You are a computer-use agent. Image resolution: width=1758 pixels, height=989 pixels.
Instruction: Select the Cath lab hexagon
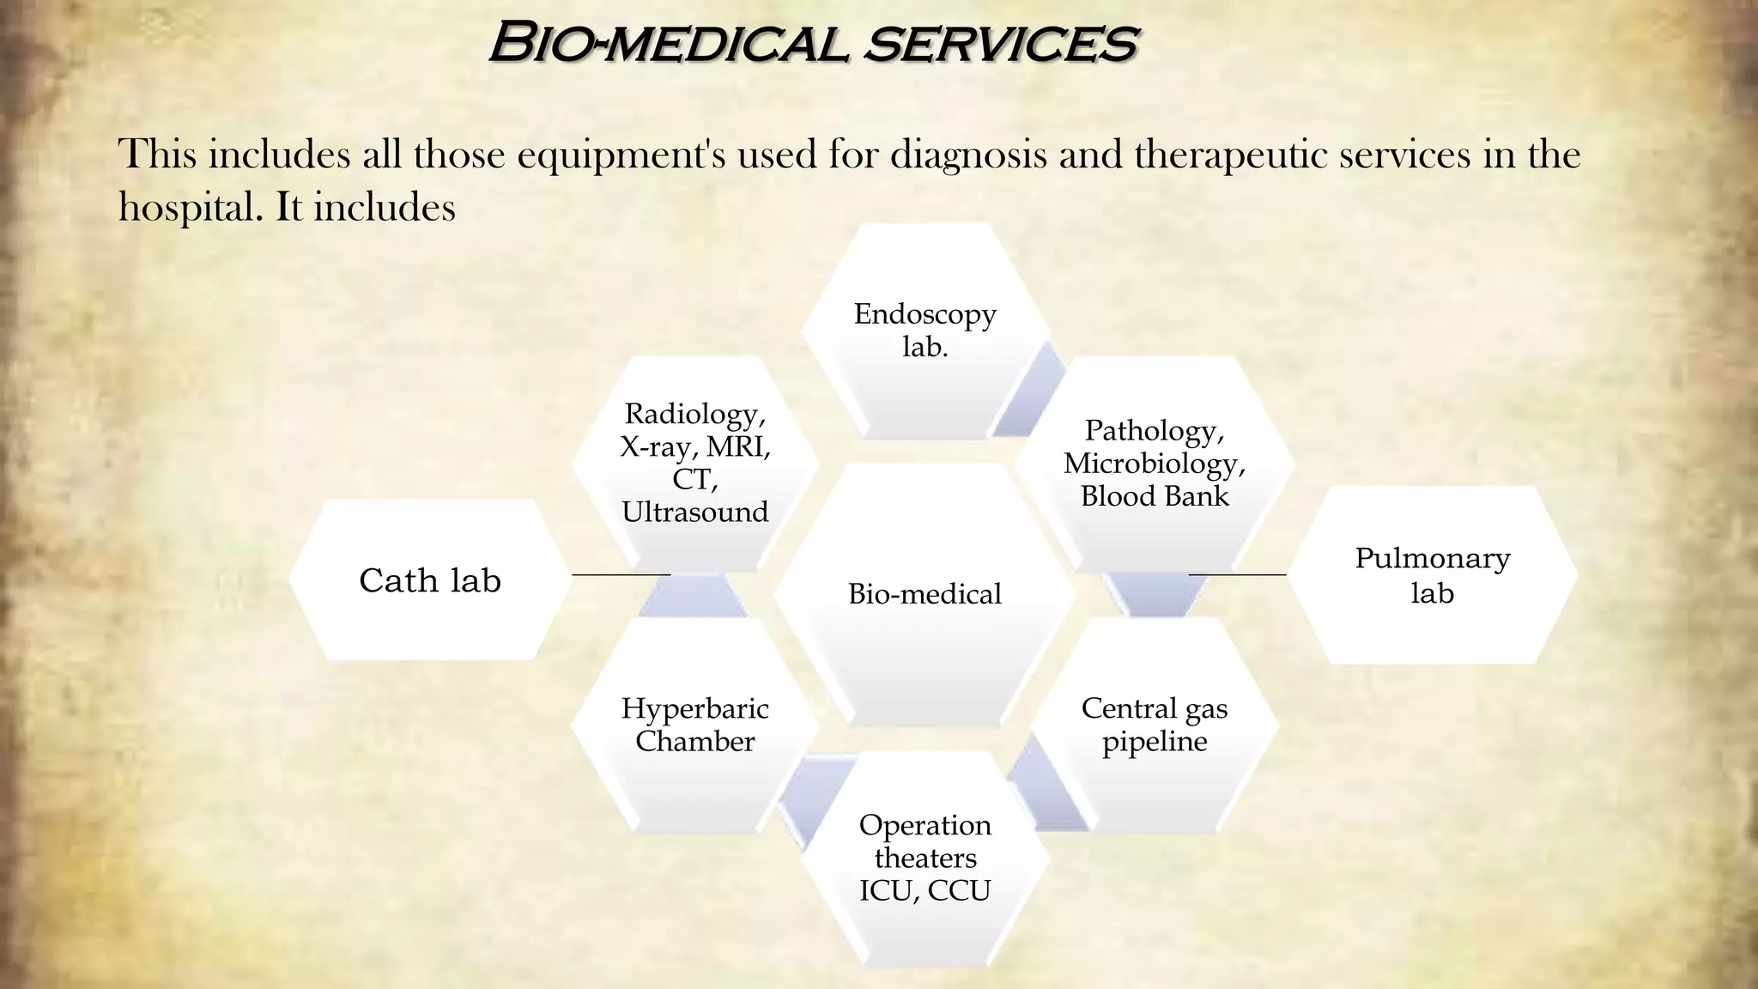click(430, 580)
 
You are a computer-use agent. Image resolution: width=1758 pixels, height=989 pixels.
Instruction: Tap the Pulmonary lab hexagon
click(1432, 575)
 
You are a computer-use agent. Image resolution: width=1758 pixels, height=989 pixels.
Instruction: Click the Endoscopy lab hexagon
click(924, 331)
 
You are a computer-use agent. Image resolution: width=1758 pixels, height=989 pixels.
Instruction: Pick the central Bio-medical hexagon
click(924, 594)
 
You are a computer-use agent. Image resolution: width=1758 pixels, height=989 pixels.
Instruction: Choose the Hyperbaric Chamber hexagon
click(694, 725)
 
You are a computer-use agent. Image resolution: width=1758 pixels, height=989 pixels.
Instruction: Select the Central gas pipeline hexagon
click(1155, 725)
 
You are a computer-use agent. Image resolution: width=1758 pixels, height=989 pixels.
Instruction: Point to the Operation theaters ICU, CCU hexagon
click(924, 858)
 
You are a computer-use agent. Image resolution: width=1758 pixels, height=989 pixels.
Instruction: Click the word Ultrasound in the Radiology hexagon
click(694, 513)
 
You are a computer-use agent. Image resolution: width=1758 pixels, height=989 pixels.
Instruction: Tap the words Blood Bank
click(1155, 496)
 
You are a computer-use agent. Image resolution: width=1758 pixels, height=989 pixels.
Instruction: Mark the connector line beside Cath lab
click(621, 573)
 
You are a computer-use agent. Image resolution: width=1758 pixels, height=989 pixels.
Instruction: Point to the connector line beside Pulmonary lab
click(1237, 573)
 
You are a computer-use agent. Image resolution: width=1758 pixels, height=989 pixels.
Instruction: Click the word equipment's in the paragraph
click(621, 155)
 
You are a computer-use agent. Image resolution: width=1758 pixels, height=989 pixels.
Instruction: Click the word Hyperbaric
click(694, 708)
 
